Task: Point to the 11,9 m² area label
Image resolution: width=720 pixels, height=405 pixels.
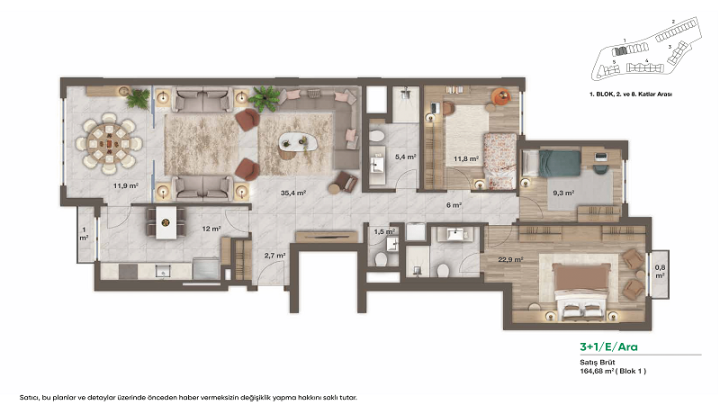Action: click(x=124, y=186)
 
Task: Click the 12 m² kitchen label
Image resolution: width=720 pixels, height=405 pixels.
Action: click(x=211, y=229)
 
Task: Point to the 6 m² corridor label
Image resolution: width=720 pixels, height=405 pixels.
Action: click(x=454, y=205)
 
